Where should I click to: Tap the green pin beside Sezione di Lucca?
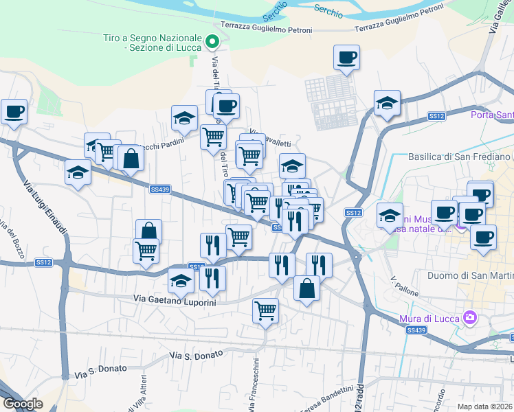[x=213, y=42]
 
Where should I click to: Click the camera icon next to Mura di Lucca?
[x=470, y=317]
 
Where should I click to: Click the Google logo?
[x=23, y=404]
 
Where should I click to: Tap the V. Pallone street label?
[x=404, y=286]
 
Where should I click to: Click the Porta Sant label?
[x=491, y=115]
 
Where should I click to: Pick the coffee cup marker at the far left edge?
[x=14, y=111]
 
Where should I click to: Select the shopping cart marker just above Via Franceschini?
[x=265, y=310]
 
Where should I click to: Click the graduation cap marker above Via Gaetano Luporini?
[x=181, y=281]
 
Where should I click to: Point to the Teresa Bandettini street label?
[x=326, y=401]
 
